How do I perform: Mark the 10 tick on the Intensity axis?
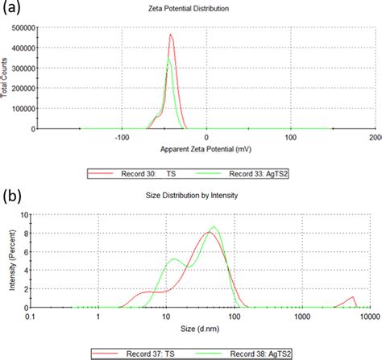(24, 215)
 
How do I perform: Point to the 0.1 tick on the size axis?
(31, 317)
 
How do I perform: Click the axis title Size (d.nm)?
(199, 329)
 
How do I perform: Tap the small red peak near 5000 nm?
(351, 297)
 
